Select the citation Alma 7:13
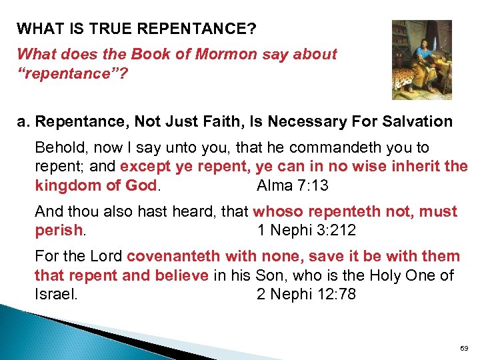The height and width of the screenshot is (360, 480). point(292,185)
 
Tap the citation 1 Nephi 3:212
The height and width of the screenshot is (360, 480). point(307,230)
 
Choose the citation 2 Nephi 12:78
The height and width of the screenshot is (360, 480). point(306,294)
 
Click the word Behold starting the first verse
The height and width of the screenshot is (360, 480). point(58,147)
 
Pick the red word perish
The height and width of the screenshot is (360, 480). point(59,230)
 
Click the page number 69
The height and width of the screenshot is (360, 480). point(464,348)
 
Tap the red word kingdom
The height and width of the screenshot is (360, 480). point(65,185)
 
